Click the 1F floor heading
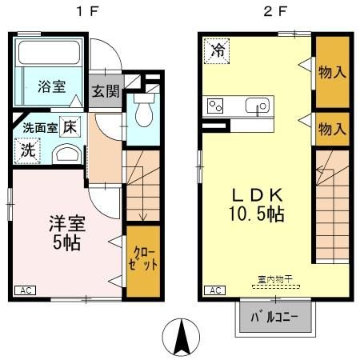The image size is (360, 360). point(87,12)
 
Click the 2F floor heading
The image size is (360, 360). point(276,12)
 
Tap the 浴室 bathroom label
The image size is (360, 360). point(51,86)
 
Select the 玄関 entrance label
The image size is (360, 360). point(106,91)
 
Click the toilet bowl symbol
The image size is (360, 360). point(144,110)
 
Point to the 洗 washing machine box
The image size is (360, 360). point(27,150)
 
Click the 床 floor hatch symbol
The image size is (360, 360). point(70,126)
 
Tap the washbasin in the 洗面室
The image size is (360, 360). point(66,154)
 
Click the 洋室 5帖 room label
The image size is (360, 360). point(67,233)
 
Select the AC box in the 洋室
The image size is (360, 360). point(25,290)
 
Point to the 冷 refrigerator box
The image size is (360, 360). point(217,51)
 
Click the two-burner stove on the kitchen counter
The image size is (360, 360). point(215,106)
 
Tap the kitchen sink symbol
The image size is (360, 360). point(258,106)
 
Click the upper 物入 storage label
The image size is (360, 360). point(332,72)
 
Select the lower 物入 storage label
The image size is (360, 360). point(332,129)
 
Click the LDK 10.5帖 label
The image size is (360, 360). point(257,205)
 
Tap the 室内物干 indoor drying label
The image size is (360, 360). point(275,279)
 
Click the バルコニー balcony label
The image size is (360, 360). point(274,317)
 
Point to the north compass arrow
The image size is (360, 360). point(182,337)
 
